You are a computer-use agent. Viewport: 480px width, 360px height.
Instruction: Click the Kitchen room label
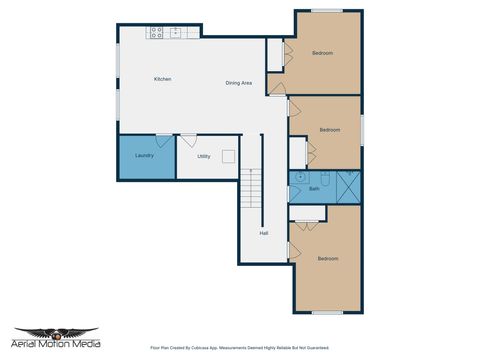(162, 79)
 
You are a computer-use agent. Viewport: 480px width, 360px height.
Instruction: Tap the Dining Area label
(238, 83)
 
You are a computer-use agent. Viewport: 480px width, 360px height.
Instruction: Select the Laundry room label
(144, 156)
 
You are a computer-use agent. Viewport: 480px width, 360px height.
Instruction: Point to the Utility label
(203, 156)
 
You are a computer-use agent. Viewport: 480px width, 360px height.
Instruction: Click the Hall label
(264, 233)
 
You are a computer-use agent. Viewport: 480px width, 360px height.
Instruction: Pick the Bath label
(314, 188)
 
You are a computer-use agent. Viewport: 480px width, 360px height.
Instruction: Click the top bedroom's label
(322, 52)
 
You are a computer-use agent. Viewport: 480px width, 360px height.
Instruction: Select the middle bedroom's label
(330, 130)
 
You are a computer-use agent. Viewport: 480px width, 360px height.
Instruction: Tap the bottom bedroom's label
(328, 259)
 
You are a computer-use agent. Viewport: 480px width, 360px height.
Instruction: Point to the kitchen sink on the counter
(177, 32)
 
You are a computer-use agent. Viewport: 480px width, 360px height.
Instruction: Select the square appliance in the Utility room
(229, 156)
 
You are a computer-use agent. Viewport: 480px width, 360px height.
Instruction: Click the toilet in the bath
(325, 175)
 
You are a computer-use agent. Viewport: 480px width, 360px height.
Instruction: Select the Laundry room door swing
(160, 142)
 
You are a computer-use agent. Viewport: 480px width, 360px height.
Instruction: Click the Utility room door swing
(187, 142)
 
